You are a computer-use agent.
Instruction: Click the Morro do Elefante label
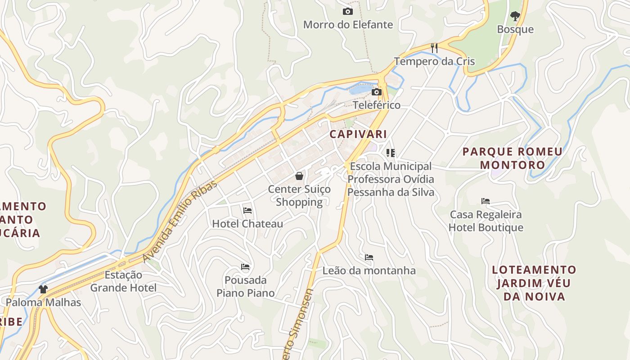[348, 25]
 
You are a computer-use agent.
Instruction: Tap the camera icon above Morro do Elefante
[348, 12]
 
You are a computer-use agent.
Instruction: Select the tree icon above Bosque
[515, 16]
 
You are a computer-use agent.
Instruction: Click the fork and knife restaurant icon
[434, 48]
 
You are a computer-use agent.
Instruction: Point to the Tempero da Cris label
[434, 61]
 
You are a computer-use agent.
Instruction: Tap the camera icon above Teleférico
[377, 92]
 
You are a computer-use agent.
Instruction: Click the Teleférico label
[377, 105]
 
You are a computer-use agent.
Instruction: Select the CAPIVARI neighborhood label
[358, 134]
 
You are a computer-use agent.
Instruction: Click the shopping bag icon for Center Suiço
[299, 176]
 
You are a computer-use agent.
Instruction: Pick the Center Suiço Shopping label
[299, 195]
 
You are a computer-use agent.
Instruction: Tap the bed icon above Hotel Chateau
[247, 210]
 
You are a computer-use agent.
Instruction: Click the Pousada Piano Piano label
[246, 287]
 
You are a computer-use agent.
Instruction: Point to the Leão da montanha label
[369, 270]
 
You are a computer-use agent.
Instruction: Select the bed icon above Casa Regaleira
[486, 201]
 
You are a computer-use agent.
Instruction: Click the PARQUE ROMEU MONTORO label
[513, 158]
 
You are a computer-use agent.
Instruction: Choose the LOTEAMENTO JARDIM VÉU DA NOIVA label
[534, 283]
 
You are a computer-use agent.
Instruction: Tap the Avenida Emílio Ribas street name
[180, 221]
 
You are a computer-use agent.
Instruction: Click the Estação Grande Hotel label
[124, 281]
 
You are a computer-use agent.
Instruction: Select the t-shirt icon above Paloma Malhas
[43, 289]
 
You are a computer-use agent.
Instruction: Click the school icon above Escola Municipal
[391, 153]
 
